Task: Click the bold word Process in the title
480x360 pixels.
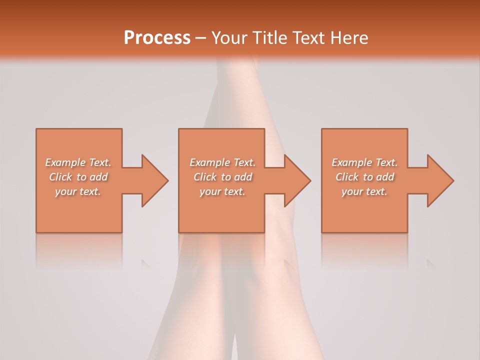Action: click(157, 38)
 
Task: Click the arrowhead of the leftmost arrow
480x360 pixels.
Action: click(155, 180)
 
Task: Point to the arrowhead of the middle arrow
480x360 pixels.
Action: click(297, 180)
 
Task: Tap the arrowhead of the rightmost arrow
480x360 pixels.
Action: click(440, 180)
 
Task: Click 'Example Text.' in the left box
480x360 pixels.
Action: click(78, 162)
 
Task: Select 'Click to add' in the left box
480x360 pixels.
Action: click(78, 177)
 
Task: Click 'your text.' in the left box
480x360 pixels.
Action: click(78, 191)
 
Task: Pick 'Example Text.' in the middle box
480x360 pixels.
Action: click(222, 162)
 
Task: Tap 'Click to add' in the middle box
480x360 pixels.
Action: click(222, 177)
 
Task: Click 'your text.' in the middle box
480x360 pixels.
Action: click(222, 191)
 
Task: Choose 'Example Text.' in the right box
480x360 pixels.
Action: click(364, 162)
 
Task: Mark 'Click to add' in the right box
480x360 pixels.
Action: click(364, 177)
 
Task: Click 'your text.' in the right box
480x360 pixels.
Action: click(364, 191)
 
